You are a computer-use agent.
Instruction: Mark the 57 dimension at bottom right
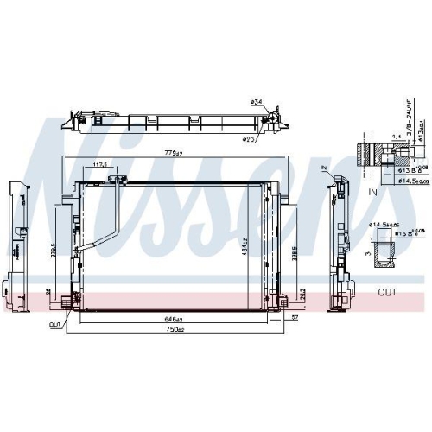tap(295, 319)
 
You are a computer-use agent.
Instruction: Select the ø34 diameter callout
tap(256, 104)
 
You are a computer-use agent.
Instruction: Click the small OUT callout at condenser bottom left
tap(55, 326)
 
